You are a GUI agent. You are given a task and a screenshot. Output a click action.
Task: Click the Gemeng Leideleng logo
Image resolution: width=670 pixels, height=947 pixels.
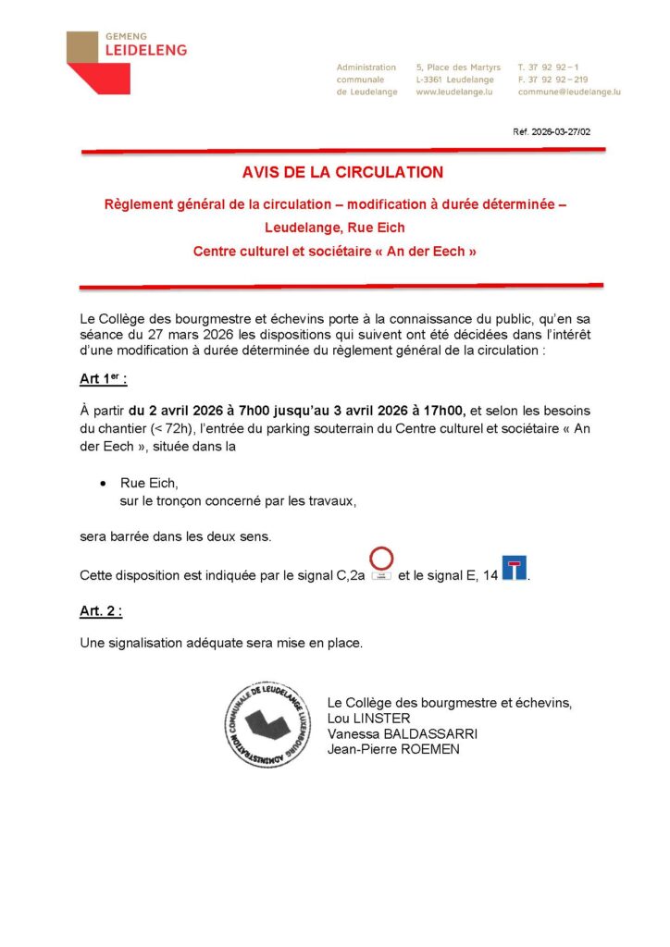125,60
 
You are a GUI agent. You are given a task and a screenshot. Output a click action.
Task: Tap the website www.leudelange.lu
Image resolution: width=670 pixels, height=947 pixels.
454,92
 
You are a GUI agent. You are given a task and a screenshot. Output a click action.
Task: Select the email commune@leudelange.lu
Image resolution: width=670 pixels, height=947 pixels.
569,92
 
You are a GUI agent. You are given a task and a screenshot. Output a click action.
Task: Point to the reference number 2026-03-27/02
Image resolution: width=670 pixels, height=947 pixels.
552,132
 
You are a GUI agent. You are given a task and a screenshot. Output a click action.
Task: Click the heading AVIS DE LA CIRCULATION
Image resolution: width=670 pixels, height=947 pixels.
342,172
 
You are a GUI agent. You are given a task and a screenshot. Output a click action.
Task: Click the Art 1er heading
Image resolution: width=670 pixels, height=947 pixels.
104,379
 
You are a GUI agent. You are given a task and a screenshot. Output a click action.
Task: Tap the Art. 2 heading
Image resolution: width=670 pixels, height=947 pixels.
102,612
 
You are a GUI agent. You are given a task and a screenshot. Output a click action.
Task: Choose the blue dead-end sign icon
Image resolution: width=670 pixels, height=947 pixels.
514,568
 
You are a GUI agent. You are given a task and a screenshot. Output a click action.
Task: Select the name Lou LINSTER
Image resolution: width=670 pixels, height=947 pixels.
368,719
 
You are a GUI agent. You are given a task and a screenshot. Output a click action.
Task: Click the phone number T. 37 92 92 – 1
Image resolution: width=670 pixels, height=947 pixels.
549,68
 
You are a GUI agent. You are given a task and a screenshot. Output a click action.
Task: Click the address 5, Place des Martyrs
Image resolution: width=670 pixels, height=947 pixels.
458,68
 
